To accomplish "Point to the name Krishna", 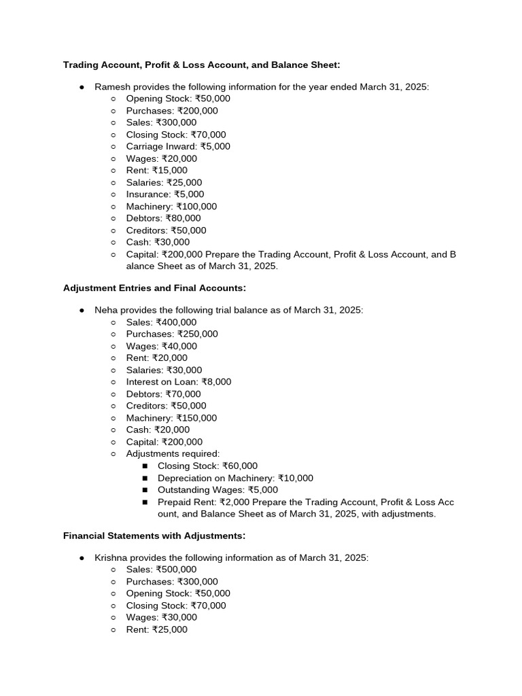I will pos(111,557).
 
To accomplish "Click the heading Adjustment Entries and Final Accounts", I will pos(154,288).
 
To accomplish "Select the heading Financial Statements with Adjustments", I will pos(154,536).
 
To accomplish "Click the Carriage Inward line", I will pos(178,146).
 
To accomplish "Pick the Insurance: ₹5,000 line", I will pos(164,194).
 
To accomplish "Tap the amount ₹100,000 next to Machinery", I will pos(196,207).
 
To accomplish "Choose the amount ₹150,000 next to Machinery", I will pos(196,418).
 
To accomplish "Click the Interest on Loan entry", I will pos(178,382).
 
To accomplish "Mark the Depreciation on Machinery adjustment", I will pos(235,478).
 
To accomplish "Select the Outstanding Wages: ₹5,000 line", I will pos(217,490).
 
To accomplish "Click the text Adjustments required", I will pos(173,453).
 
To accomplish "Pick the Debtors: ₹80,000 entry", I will pos(163,218).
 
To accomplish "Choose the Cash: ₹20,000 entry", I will pos(158,430).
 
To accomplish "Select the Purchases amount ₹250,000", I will pos(198,334).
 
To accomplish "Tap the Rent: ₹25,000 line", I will pos(156,629).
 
